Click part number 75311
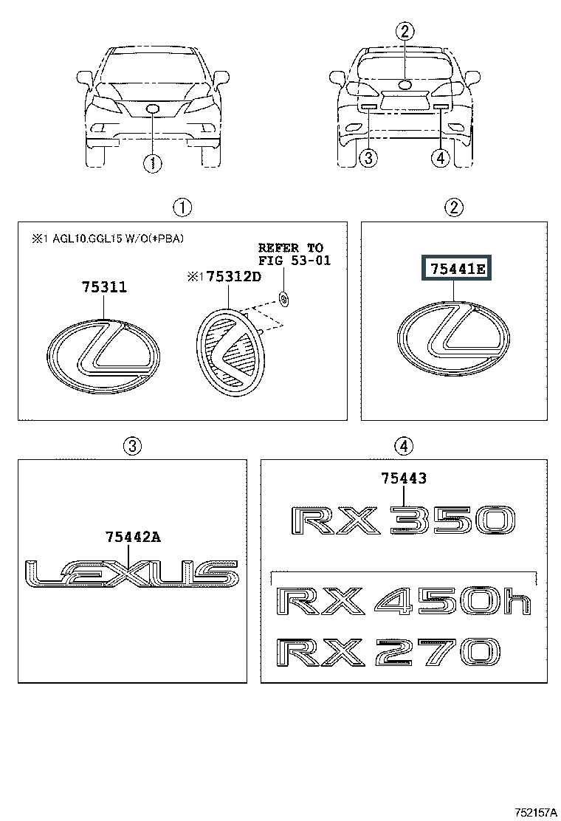click(103, 287)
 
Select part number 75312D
click(233, 276)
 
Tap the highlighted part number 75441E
click(458, 269)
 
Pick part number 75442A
click(133, 537)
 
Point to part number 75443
click(404, 478)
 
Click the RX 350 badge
click(403, 521)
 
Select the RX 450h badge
click(404, 602)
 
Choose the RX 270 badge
click(388, 653)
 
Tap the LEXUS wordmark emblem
click(132, 573)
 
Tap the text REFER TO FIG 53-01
click(294, 254)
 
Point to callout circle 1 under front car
click(152, 163)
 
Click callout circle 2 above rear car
click(405, 32)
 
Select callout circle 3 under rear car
click(369, 157)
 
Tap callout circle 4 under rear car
click(441, 157)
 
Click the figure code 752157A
click(535, 812)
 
